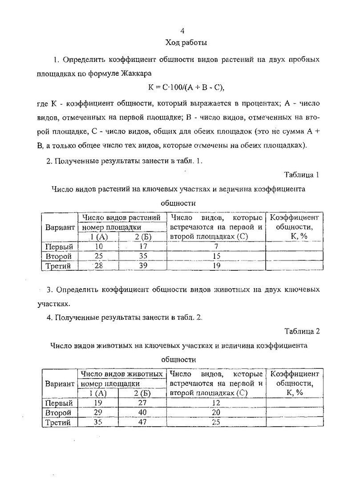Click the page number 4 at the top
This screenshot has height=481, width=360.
tap(182, 31)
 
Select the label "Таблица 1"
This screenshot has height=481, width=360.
tap(302, 175)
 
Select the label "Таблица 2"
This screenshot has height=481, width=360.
tap(302, 331)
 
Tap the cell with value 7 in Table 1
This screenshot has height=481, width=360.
tap(216, 246)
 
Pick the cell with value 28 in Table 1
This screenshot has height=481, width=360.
tap(98, 265)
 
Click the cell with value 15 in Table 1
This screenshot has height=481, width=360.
tap(216, 256)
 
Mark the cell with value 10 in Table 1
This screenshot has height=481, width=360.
tap(98, 246)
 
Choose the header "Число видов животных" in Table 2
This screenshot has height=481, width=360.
tap(121, 374)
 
